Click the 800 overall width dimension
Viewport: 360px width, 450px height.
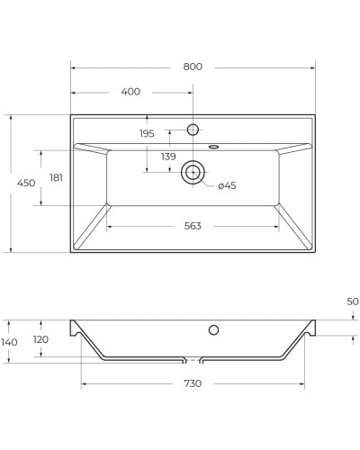tap(192, 67)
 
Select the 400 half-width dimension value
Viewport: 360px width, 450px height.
tap(130, 92)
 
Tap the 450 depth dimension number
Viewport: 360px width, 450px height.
tap(26, 183)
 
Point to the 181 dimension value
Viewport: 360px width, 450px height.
tap(56, 177)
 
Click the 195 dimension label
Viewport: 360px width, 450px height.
tap(147, 133)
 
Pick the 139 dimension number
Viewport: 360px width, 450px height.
tap(168, 157)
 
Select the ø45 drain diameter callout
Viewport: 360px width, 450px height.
tap(226, 185)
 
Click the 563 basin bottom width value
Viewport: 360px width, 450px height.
tap(192, 226)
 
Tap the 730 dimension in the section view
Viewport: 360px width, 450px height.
tap(193, 383)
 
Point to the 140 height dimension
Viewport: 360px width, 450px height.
tap(10, 341)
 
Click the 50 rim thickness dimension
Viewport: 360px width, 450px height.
tap(352, 301)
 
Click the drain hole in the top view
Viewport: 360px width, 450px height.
tap(193, 171)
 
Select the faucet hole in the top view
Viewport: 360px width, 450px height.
tap(193, 130)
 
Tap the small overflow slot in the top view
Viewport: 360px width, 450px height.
tap(213, 145)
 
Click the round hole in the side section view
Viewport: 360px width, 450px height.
tap(213, 330)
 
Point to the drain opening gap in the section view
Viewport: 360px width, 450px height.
tap(193, 360)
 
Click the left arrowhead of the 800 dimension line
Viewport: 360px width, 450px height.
tap(74, 67)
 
